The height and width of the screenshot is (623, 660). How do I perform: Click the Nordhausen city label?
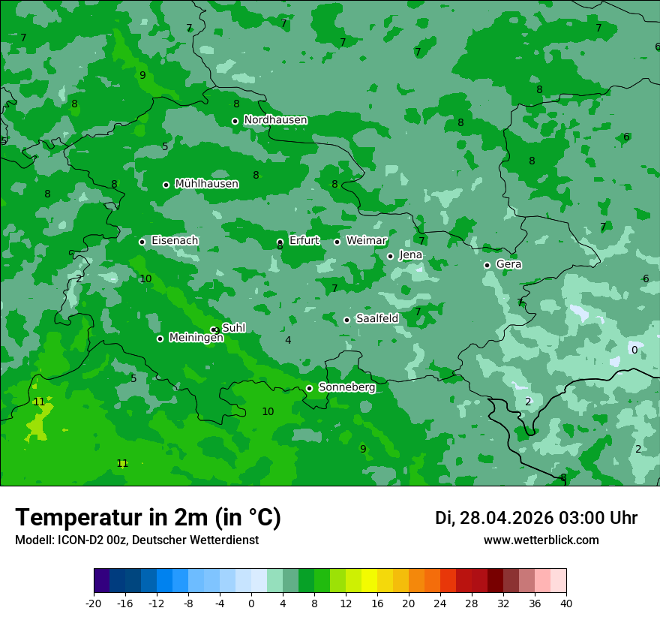[x=275, y=120]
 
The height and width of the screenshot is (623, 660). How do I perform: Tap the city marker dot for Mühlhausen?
[x=166, y=185]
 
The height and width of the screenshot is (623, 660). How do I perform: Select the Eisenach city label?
[x=175, y=241]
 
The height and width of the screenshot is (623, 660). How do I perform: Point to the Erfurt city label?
[x=304, y=241]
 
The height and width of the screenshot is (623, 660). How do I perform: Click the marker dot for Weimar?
[x=337, y=242]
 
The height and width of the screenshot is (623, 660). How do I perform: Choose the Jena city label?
[x=410, y=255]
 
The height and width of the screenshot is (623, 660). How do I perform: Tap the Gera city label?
[x=508, y=264]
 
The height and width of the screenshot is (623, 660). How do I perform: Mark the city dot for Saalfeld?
[x=346, y=320]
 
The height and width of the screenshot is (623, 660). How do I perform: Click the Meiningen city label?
[x=196, y=338]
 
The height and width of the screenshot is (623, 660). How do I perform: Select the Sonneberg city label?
[x=346, y=387]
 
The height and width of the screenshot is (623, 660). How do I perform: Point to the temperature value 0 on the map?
[x=634, y=350]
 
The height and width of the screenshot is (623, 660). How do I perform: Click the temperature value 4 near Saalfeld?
[x=288, y=340]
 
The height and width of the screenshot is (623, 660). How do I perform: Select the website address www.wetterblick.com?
[x=541, y=540]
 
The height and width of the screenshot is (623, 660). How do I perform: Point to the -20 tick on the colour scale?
[x=94, y=603]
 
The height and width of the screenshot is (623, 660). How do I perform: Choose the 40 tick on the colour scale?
[x=566, y=603]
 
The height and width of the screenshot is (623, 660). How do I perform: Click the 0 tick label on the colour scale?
[x=251, y=603]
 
